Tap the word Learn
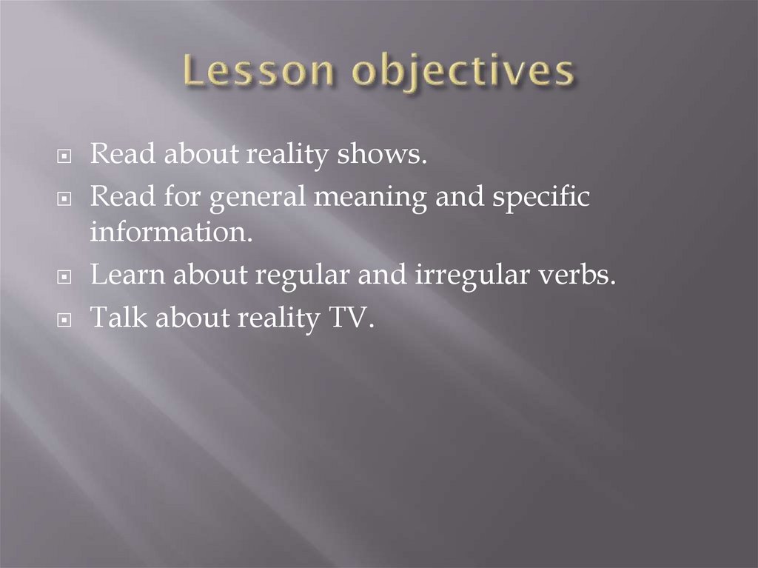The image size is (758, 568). coord(124,275)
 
